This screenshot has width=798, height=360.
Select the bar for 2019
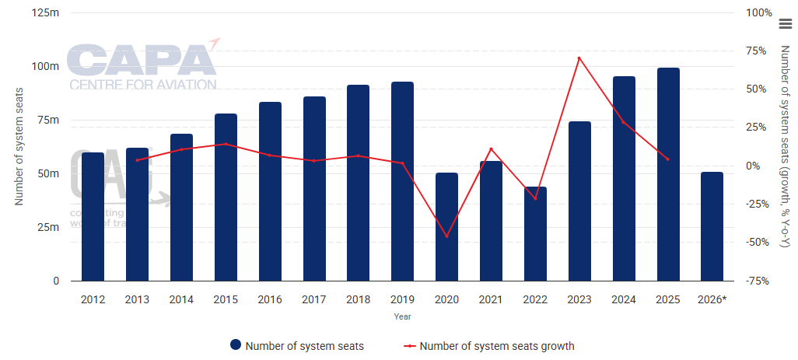(x=402, y=181)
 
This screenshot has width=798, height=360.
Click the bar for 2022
(x=535, y=233)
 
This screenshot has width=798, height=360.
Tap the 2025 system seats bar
(x=668, y=174)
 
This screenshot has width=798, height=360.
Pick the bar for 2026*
(x=712, y=226)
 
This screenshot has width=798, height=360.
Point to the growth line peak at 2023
(x=579, y=58)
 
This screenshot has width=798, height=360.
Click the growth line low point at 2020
(x=446, y=236)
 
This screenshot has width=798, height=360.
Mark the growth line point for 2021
(x=491, y=149)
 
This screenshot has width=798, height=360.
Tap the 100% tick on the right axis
(x=758, y=12)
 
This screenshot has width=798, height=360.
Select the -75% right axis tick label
(x=758, y=281)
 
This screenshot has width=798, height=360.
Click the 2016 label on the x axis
(x=269, y=299)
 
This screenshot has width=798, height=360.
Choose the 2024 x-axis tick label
(x=624, y=299)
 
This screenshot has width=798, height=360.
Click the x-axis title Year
(x=402, y=316)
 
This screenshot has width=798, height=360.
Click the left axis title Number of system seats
(x=19, y=147)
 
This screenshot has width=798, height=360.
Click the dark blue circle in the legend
(x=235, y=345)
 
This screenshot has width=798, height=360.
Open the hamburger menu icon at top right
(x=785, y=24)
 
